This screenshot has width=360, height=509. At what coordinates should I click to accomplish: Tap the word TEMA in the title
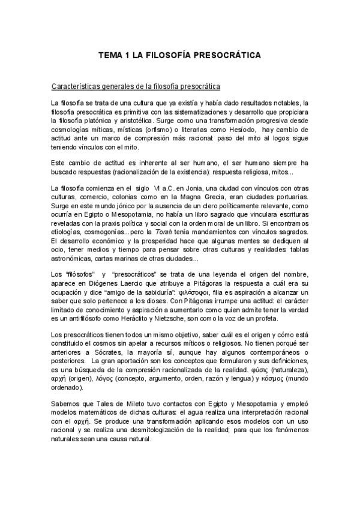point(110,55)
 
